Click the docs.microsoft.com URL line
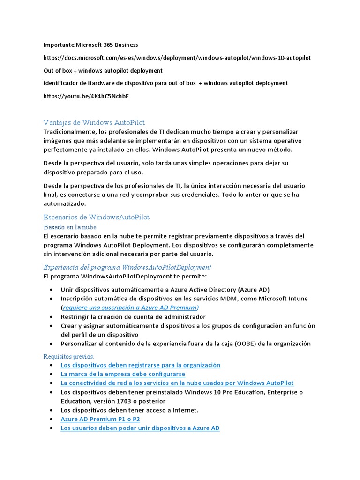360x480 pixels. (x=177, y=58)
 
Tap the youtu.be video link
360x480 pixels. (x=86, y=96)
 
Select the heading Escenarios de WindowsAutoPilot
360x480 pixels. (x=96, y=217)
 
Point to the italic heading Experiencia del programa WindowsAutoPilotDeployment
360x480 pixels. (x=127, y=267)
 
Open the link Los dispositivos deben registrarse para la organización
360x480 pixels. (x=140, y=365)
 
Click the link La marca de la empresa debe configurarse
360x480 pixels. (x=123, y=374)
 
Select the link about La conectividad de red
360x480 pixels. (x=177, y=383)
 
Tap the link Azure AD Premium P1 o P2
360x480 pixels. (x=100, y=419)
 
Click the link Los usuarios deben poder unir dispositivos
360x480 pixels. (x=140, y=428)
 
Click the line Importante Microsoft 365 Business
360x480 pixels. (x=91, y=45)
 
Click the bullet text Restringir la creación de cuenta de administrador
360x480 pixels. (x=133, y=317)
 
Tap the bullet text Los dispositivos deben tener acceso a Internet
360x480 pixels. (x=129, y=410)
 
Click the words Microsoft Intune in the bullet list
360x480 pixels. (x=290, y=299)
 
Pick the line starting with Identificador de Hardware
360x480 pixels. (x=165, y=83)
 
